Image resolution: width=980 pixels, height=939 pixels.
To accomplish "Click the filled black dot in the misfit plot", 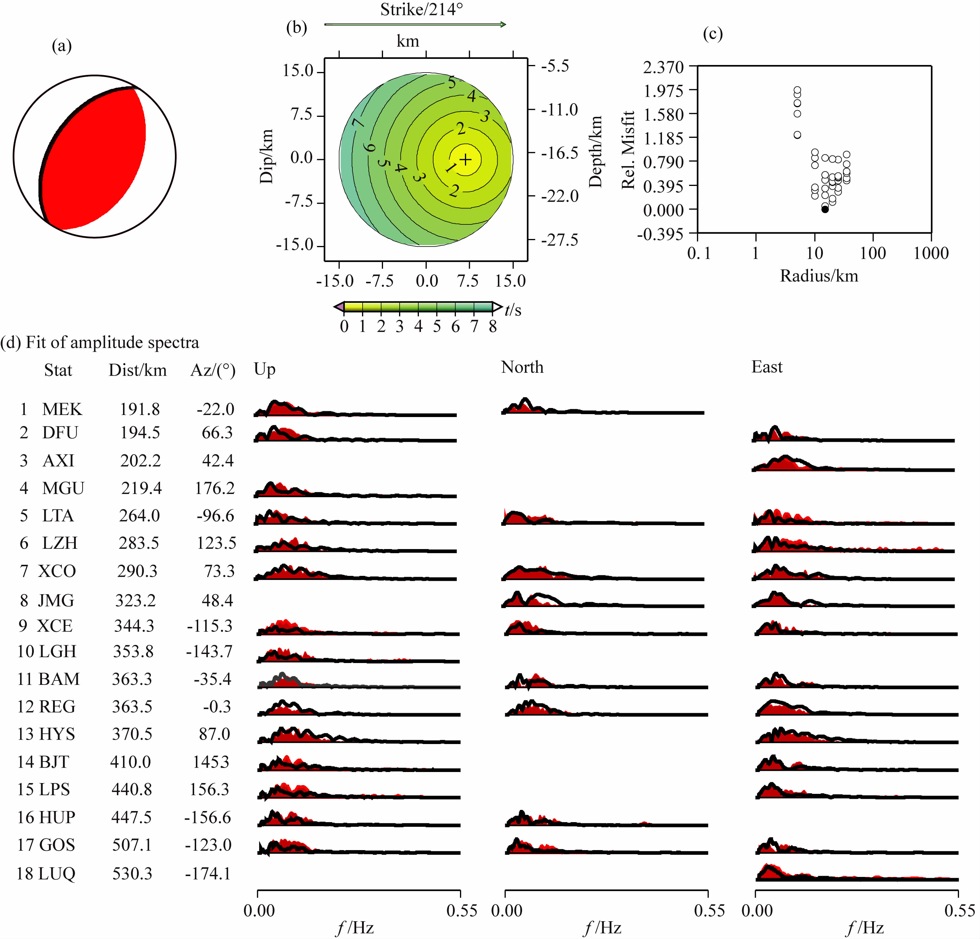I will click(825, 210).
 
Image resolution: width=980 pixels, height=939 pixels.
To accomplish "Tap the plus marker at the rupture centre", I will click(466, 159).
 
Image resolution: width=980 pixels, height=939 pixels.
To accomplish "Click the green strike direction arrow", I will click(415, 24).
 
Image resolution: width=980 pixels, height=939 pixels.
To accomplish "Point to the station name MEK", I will click(62, 409).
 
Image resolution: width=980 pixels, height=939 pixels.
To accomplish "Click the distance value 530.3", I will click(132, 873).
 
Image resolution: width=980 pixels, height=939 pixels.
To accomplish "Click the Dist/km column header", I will click(138, 370).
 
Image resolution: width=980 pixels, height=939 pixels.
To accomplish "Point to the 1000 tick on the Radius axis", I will click(931, 253).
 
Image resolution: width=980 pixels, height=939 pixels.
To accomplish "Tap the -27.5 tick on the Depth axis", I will click(560, 240).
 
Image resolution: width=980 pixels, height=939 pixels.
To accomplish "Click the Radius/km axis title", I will click(819, 276).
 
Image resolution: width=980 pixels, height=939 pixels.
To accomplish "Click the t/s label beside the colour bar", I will click(513, 310).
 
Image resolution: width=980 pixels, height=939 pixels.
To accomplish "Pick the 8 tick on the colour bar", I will click(493, 326).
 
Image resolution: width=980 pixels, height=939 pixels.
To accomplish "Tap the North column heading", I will click(522, 367).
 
